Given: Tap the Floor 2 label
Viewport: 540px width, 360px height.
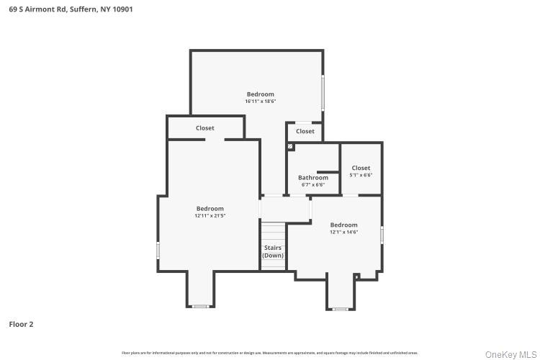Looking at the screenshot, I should click(21, 324).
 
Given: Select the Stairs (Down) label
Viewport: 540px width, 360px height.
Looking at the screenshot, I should click(272, 251).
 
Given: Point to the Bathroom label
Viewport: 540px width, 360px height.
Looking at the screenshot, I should click(312, 177).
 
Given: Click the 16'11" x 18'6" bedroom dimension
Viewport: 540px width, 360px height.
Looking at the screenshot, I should click(260, 102).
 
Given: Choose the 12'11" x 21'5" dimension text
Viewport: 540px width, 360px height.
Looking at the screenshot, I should click(210, 216).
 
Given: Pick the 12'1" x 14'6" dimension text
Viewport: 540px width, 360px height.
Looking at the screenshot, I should click(343, 232).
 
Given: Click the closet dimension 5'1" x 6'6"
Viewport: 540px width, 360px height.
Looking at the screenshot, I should click(361, 175).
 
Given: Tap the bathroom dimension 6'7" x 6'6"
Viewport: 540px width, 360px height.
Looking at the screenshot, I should click(312, 184).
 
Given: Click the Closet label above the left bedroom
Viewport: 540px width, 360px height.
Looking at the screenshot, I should click(204, 128).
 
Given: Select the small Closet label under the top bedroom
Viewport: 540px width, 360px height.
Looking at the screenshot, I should click(305, 131).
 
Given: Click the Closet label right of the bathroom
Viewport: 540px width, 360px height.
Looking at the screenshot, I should click(361, 168).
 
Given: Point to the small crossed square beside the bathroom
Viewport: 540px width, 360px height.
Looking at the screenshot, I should click(290, 146).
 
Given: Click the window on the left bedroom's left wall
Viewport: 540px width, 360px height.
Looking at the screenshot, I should click(158, 250).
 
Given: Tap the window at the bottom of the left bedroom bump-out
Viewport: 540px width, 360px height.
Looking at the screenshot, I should click(200, 307).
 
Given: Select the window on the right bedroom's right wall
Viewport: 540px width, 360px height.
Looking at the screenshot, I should click(382, 235).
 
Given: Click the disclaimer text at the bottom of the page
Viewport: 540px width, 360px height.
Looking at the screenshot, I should click(270, 353).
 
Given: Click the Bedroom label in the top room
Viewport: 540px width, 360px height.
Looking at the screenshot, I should click(260, 94).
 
